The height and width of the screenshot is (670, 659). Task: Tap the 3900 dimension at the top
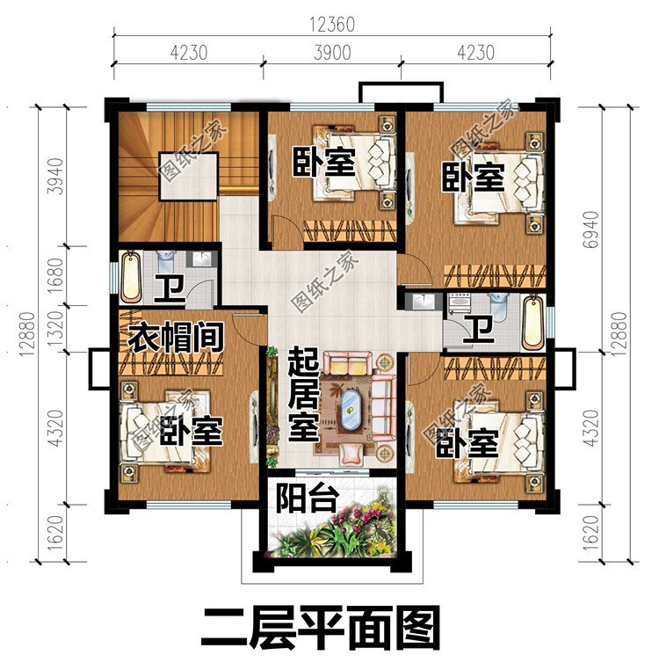332,52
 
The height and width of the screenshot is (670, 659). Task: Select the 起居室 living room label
302,395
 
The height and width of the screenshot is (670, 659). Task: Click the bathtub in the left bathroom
131,276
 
